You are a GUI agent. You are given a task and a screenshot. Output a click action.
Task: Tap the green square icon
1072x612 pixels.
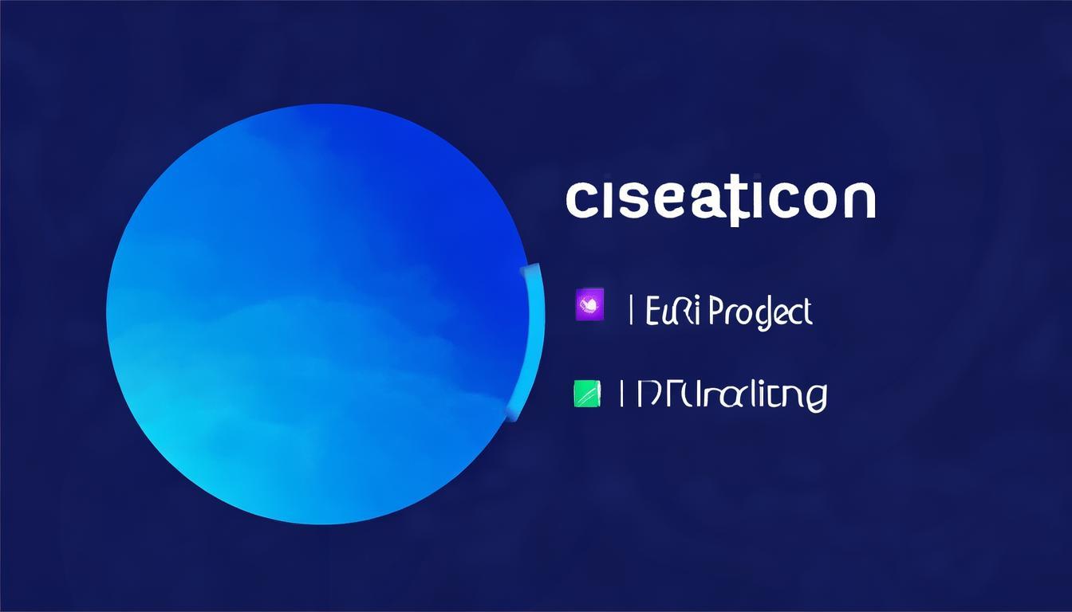585,394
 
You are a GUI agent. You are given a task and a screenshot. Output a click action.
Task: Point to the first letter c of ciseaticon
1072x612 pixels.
579,201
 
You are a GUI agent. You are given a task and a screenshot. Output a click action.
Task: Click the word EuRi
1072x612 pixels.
672,311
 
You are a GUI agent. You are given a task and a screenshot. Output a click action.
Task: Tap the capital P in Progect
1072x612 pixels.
715,311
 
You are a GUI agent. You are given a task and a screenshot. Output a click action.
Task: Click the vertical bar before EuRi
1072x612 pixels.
632,310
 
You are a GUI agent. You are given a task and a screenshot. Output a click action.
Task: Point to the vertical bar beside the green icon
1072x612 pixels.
621,394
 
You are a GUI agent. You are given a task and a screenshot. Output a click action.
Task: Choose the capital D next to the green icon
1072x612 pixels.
643,394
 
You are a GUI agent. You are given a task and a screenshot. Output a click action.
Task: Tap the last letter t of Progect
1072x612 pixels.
806,311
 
